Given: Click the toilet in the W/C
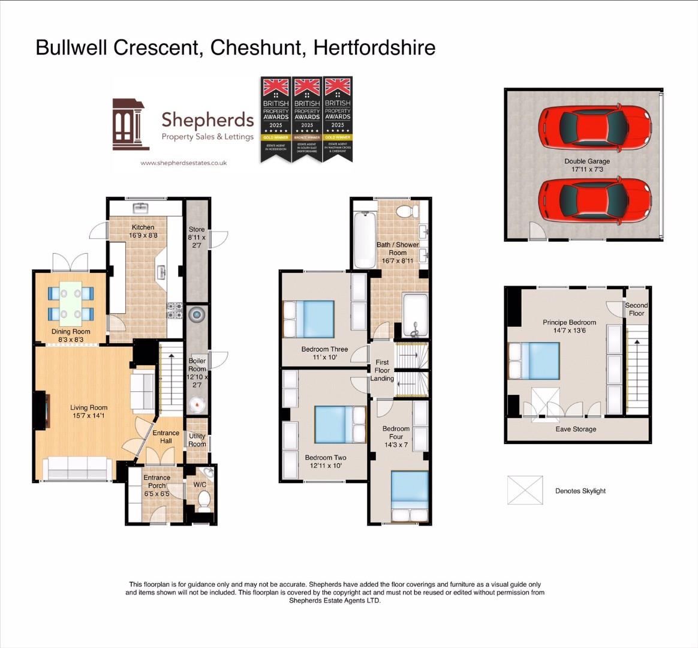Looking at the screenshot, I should pyautogui.click(x=204, y=499).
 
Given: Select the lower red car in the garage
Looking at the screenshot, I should pyautogui.click(x=594, y=201).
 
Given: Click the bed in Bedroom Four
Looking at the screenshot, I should pyautogui.click(x=410, y=496).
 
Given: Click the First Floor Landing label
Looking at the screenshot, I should pyautogui.click(x=382, y=370).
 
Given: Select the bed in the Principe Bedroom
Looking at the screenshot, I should pyautogui.click(x=534, y=361).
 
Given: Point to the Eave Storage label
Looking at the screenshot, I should pyautogui.click(x=576, y=430).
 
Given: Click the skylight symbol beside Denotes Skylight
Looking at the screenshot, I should pyautogui.click(x=525, y=490).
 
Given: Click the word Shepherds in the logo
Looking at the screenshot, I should pyautogui.click(x=207, y=120).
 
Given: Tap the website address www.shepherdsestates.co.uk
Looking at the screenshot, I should pyautogui.click(x=183, y=163).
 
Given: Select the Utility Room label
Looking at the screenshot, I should pyautogui.click(x=197, y=440).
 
